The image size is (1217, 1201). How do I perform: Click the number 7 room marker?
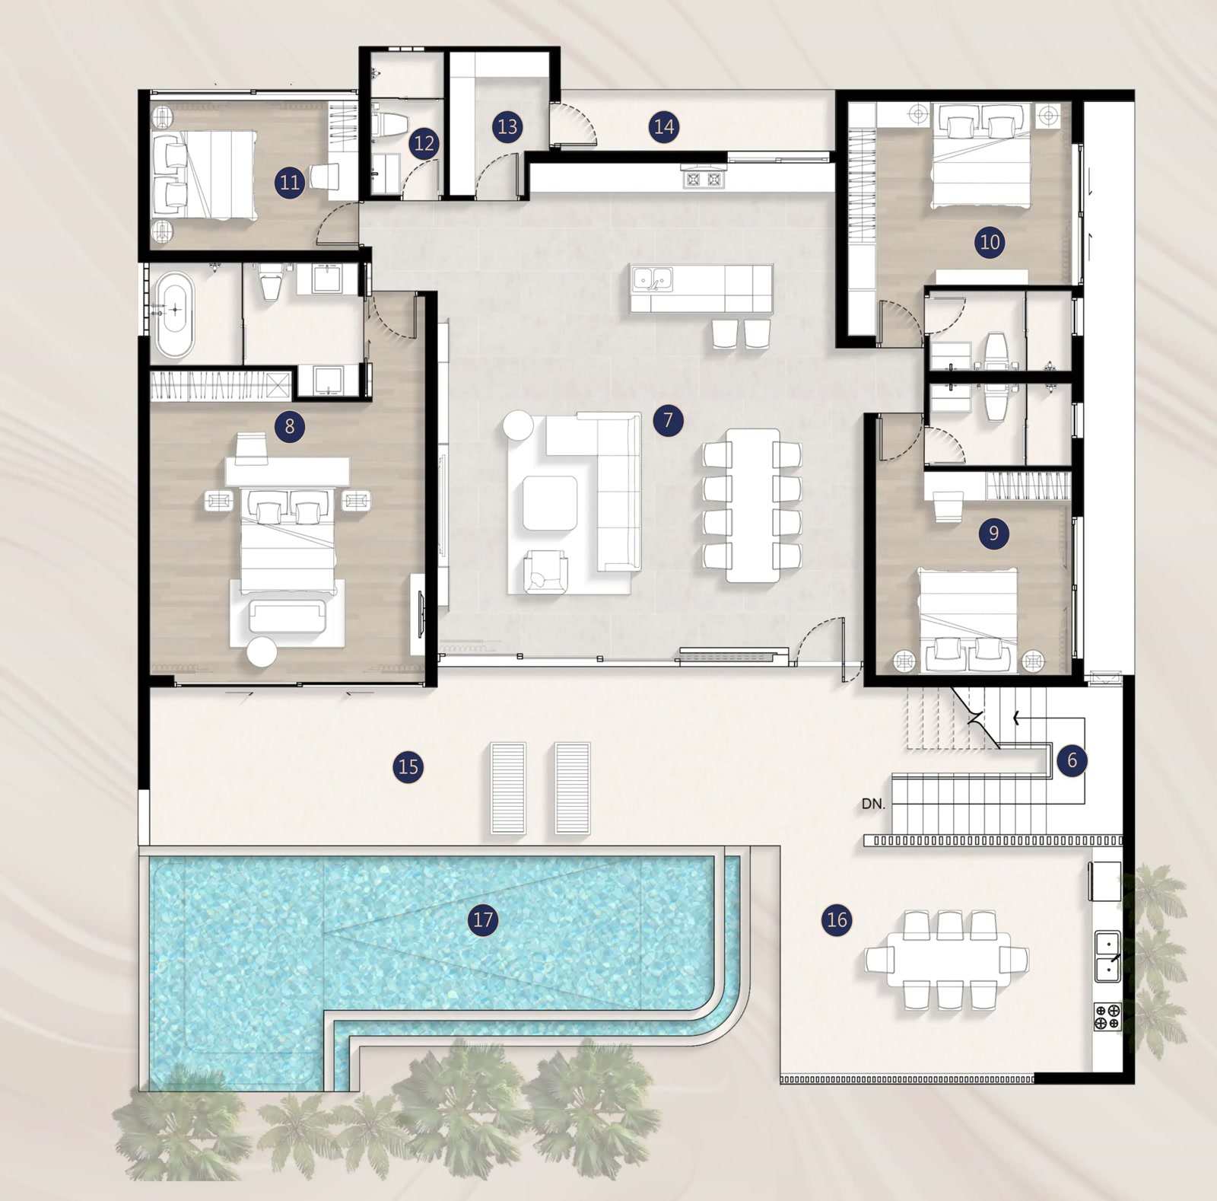pos(668,419)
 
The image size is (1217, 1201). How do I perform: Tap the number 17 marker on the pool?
pos(483,920)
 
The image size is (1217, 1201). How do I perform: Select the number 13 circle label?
pos(507,126)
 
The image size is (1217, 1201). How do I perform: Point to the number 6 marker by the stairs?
pos(1072,760)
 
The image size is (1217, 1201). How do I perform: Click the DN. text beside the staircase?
pos(873,804)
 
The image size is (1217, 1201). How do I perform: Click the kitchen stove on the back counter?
pos(704,179)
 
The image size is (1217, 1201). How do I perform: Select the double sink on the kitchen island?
pos(653,280)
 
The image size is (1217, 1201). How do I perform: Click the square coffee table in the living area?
pos(550,503)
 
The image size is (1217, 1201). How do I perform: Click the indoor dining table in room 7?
pos(752,505)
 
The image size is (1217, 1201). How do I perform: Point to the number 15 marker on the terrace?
pos(408,766)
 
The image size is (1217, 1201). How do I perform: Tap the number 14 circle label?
pos(664,126)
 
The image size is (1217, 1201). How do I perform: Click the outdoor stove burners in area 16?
pos(1107,1017)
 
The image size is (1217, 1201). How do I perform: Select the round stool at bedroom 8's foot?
pos(262,651)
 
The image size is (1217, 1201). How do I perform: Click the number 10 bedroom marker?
pos(990,242)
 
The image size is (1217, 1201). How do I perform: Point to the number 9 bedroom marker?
pos(993,533)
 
